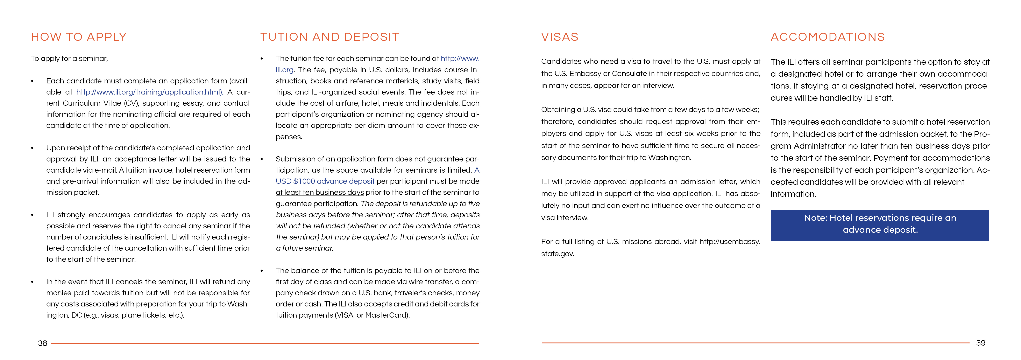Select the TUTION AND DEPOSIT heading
(329, 37)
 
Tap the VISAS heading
(560, 37)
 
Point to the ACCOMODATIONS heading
(828, 37)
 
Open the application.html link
(149, 92)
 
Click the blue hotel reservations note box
(879, 225)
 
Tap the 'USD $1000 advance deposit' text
(325, 181)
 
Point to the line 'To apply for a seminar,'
(69, 59)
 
